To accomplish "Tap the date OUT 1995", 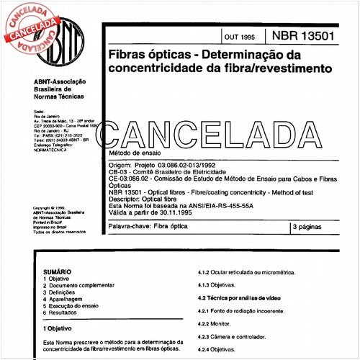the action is pyautogui.click(x=240, y=37).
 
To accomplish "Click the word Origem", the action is pyautogui.click(x=122, y=165).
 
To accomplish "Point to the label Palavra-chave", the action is pyautogui.click(x=129, y=227).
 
